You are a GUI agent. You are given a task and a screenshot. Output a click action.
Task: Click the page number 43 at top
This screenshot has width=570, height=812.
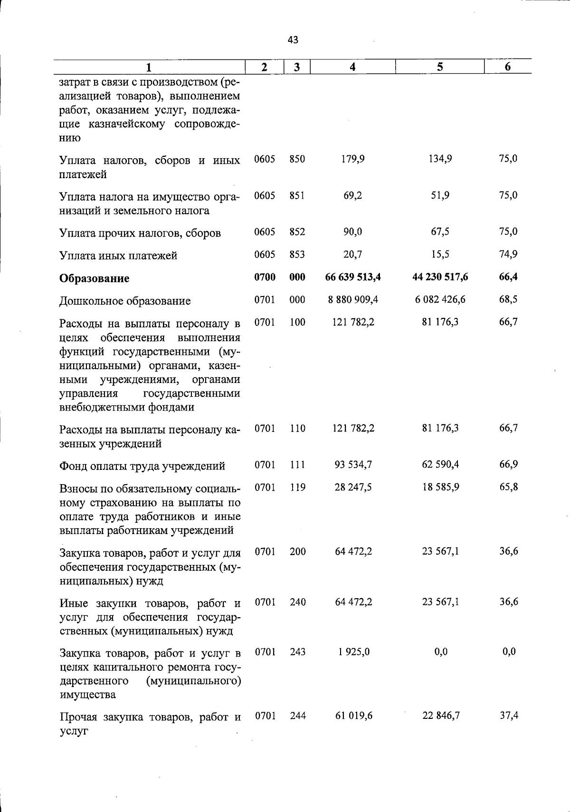pos(293,40)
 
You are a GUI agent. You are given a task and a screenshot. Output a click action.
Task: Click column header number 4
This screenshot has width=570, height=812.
pos(352,67)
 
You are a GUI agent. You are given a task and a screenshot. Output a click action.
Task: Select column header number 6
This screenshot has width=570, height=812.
pos(507,67)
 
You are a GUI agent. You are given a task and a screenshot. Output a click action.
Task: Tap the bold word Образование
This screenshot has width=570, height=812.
pos(94,278)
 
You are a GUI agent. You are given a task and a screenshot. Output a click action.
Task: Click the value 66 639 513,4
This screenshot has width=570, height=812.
pos(353,277)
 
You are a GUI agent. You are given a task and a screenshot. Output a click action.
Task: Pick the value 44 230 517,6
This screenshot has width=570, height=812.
pos(440,277)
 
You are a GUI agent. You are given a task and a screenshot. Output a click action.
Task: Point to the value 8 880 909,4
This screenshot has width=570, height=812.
pos(353,300)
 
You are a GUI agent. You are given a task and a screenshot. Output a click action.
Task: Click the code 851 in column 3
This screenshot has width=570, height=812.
pos(297,195)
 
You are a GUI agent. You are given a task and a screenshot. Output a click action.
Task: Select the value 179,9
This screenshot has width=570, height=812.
pos(353,159)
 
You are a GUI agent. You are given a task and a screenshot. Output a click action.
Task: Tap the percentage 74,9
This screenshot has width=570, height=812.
pos(508,254)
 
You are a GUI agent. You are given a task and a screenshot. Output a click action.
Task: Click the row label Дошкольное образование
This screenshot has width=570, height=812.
pos(125,301)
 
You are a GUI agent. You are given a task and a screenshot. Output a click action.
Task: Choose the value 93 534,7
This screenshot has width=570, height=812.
pos(353,465)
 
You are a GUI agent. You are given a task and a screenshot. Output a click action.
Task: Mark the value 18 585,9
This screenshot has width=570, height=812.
pos(440,487)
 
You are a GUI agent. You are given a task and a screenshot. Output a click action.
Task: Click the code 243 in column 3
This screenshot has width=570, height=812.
pos(297,652)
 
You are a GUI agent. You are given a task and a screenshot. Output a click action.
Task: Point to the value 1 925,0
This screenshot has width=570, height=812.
pos(354,652)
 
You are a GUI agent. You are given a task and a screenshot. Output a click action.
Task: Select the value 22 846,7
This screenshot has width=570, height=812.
pos(440,716)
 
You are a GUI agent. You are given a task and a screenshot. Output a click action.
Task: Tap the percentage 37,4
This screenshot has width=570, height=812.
pos(508,716)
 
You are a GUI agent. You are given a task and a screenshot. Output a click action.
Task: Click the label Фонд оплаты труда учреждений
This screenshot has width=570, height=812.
pos(142,467)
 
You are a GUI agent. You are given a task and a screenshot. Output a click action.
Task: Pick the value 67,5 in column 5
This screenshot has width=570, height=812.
pos(440,231)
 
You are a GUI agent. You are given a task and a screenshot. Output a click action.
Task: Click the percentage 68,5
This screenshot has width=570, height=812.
pos(508,300)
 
